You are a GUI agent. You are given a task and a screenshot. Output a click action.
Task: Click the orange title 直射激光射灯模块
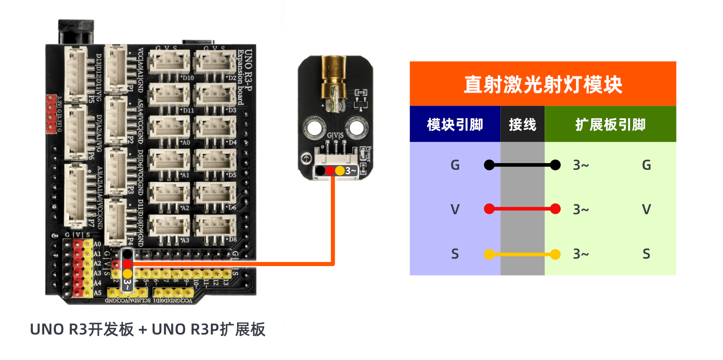pyautogui.click(x=542, y=84)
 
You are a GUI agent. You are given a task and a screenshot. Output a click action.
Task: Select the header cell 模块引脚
pyautogui.click(x=455, y=124)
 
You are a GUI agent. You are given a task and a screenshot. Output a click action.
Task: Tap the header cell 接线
pyautogui.click(x=522, y=124)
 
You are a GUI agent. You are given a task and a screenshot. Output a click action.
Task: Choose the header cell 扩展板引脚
pyautogui.click(x=610, y=124)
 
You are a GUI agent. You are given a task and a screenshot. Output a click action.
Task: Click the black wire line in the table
pyautogui.click(x=522, y=165)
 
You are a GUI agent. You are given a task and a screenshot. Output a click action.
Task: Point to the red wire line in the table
pyautogui.click(x=522, y=209)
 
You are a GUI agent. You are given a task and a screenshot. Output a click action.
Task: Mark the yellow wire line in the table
pyautogui.click(x=522, y=254)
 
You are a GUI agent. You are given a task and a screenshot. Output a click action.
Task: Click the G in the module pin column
pyautogui.click(x=455, y=165)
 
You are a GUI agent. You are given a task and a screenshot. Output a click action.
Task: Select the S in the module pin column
pyautogui.click(x=455, y=254)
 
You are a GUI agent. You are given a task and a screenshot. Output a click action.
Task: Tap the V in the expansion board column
pyautogui.click(x=646, y=209)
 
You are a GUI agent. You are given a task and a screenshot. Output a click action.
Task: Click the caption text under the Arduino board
pyautogui.click(x=147, y=329)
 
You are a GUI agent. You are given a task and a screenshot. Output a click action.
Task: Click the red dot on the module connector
pyautogui.click(x=330, y=171)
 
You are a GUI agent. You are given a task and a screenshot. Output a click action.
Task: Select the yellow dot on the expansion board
pyautogui.click(x=127, y=274)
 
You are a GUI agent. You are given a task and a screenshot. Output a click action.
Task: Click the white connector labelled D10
pyautogui.click(x=169, y=62)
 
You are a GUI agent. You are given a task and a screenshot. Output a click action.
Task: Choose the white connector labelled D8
pyautogui.click(x=215, y=224)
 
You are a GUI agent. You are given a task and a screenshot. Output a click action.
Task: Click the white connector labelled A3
pyautogui.click(x=169, y=224)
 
